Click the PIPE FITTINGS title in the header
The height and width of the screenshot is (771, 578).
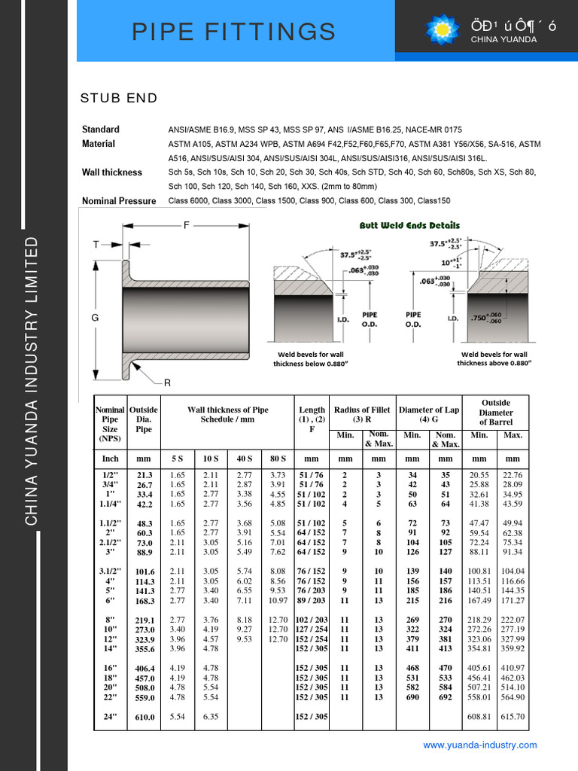233,32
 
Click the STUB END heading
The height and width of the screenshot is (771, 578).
119,98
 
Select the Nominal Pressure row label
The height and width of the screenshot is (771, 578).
119,201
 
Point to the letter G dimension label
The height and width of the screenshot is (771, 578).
96,318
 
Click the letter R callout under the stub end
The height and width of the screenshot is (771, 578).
167,383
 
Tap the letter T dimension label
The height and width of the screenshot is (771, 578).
96,244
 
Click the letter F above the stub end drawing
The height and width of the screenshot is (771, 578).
187,225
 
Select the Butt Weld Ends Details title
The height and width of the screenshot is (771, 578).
409,225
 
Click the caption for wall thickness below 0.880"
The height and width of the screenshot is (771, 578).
311,359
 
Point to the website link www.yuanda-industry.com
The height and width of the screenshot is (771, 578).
480,745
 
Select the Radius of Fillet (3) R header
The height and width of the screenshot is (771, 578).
362,414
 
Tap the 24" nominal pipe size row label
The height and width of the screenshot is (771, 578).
110,717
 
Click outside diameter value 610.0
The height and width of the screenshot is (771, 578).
144,718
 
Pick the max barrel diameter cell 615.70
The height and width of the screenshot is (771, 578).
512,717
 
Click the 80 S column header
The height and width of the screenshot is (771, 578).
278,458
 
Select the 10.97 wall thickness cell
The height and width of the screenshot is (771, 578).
278,600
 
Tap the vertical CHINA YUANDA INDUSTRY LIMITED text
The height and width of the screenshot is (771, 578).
32,380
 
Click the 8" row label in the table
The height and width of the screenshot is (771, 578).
110,619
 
